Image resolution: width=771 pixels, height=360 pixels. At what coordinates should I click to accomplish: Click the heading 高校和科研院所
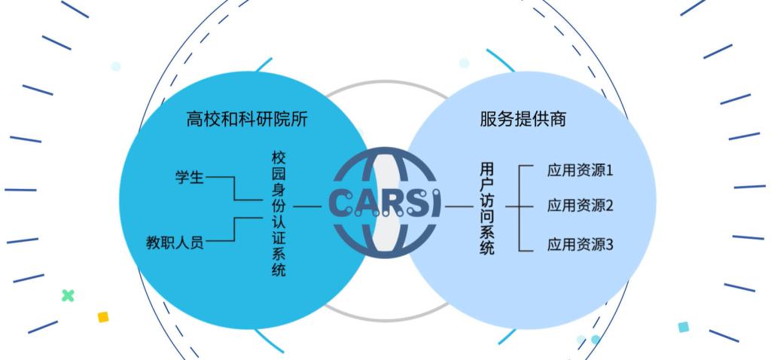point(247,119)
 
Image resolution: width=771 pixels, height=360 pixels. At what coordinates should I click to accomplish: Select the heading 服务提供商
point(523,119)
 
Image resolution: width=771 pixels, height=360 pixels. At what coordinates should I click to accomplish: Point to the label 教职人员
point(175,243)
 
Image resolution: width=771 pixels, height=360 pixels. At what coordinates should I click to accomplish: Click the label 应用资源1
point(580,169)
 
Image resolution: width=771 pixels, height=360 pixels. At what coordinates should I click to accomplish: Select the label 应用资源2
point(580,206)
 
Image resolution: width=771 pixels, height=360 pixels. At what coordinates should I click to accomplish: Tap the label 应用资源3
point(580,244)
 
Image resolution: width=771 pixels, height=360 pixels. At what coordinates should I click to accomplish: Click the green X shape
point(68,295)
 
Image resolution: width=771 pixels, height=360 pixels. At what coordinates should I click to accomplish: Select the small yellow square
point(103,317)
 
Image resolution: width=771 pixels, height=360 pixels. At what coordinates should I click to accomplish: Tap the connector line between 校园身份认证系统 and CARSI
point(306,206)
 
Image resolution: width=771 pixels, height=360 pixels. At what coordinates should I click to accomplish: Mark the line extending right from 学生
point(219,178)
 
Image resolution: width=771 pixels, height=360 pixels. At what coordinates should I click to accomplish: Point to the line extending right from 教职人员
point(219,243)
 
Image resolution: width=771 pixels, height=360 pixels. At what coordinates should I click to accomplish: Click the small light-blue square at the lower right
point(683,327)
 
